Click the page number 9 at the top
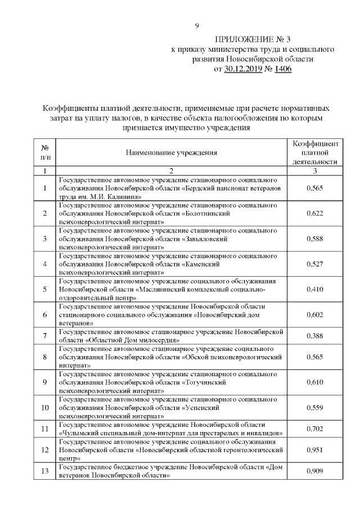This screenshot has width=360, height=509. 197,26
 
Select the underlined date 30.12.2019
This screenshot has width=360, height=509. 245,69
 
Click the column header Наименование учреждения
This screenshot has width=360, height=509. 171,152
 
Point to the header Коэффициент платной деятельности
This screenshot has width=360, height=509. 315,152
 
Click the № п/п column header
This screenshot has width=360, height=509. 44,152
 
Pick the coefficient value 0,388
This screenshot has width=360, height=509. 315,336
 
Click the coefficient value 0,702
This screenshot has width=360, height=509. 315,429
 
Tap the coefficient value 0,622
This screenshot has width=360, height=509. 315,214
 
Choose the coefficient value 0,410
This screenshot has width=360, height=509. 315,289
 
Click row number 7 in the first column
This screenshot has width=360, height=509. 44,336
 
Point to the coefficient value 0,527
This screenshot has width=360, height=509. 315,264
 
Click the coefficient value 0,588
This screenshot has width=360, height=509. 315,238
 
